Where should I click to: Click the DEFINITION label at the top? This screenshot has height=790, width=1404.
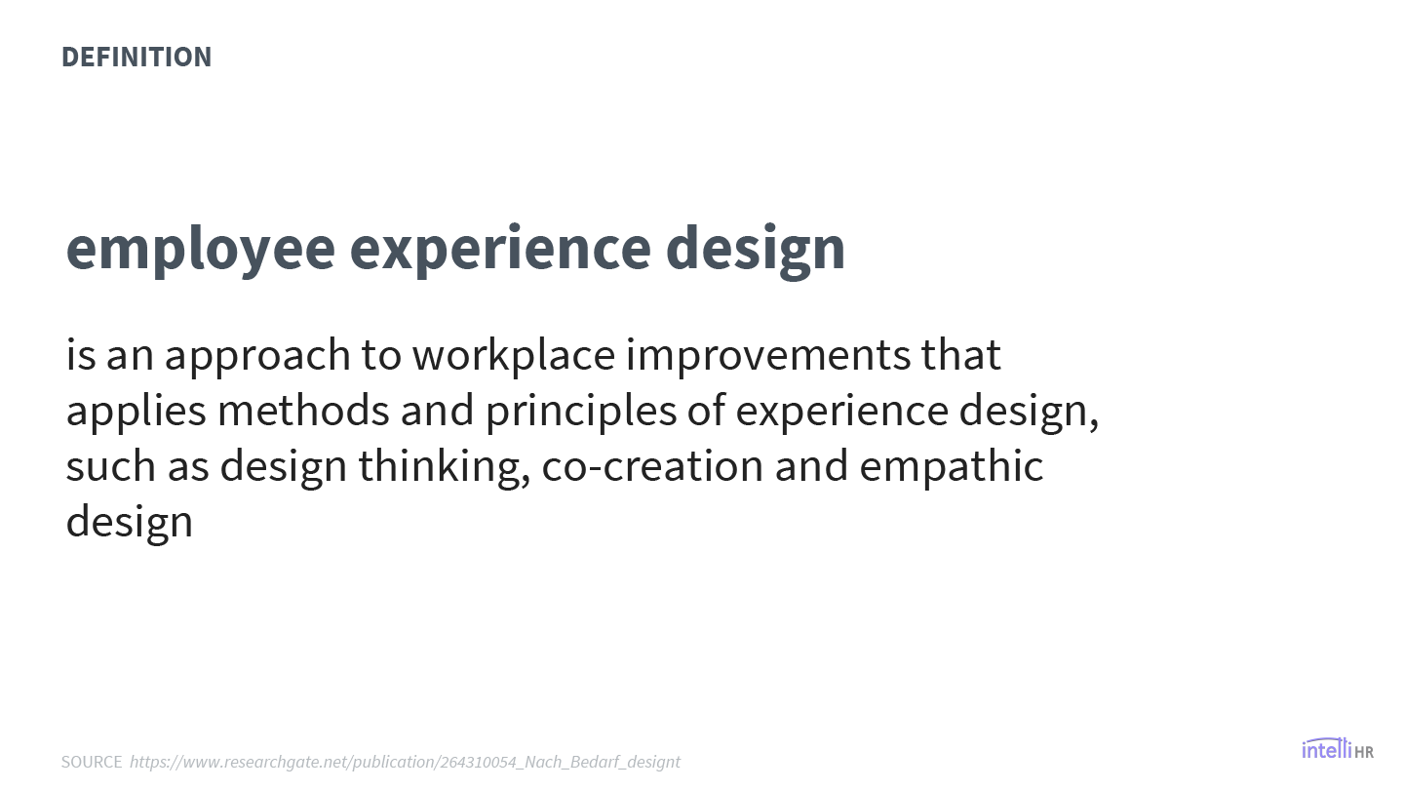[x=136, y=57]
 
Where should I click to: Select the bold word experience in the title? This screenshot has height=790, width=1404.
[x=500, y=250]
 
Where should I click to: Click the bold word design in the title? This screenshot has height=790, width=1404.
[x=756, y=250]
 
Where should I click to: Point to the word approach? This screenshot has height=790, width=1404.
[x=257, y=356]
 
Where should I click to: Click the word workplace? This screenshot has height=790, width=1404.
[x=513, y=355]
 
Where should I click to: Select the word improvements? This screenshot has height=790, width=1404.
[x=768, y=356]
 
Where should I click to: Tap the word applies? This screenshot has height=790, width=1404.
[x=136, y=412]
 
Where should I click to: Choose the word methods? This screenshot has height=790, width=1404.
[x=303, y=411]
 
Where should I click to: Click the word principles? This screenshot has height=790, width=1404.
[x=581, y=412]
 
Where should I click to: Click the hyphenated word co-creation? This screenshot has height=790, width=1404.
[x=652, y=467]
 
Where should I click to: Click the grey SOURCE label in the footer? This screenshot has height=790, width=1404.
[x=92, y=762]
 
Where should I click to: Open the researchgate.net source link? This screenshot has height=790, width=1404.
[x=405, y=762]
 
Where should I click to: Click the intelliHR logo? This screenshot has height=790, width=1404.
[x=1338, y=749]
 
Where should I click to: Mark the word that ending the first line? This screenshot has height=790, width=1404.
[x=961, y=355]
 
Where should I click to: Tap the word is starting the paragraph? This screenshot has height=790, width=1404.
[x=81, y=355]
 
